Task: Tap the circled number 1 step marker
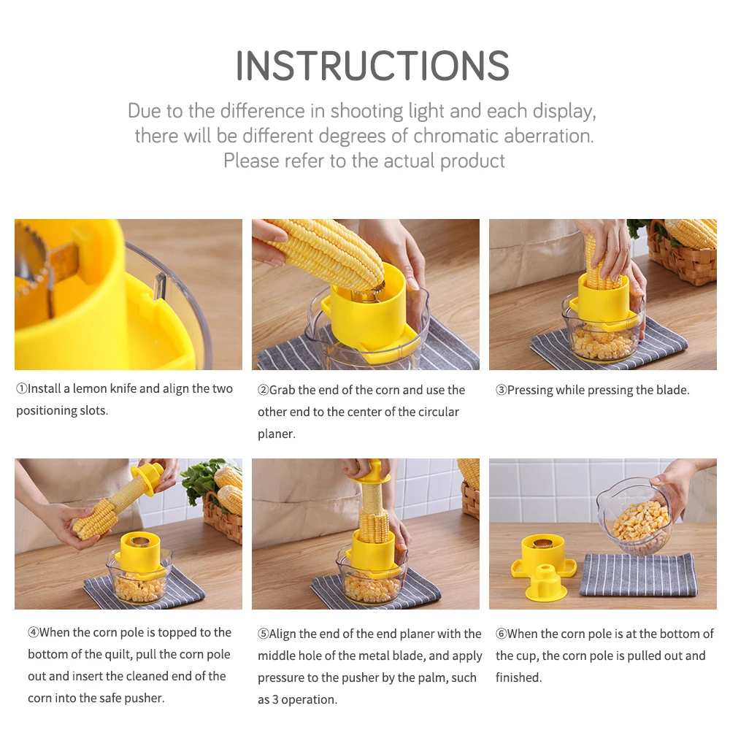21,388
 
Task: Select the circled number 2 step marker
263,390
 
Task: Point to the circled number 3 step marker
501,390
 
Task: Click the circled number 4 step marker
33,632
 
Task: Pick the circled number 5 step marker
263,634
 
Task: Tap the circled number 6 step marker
501,634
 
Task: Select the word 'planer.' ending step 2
277,434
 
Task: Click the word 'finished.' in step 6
518,677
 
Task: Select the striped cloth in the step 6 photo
639,575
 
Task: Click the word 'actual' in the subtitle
410,161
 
